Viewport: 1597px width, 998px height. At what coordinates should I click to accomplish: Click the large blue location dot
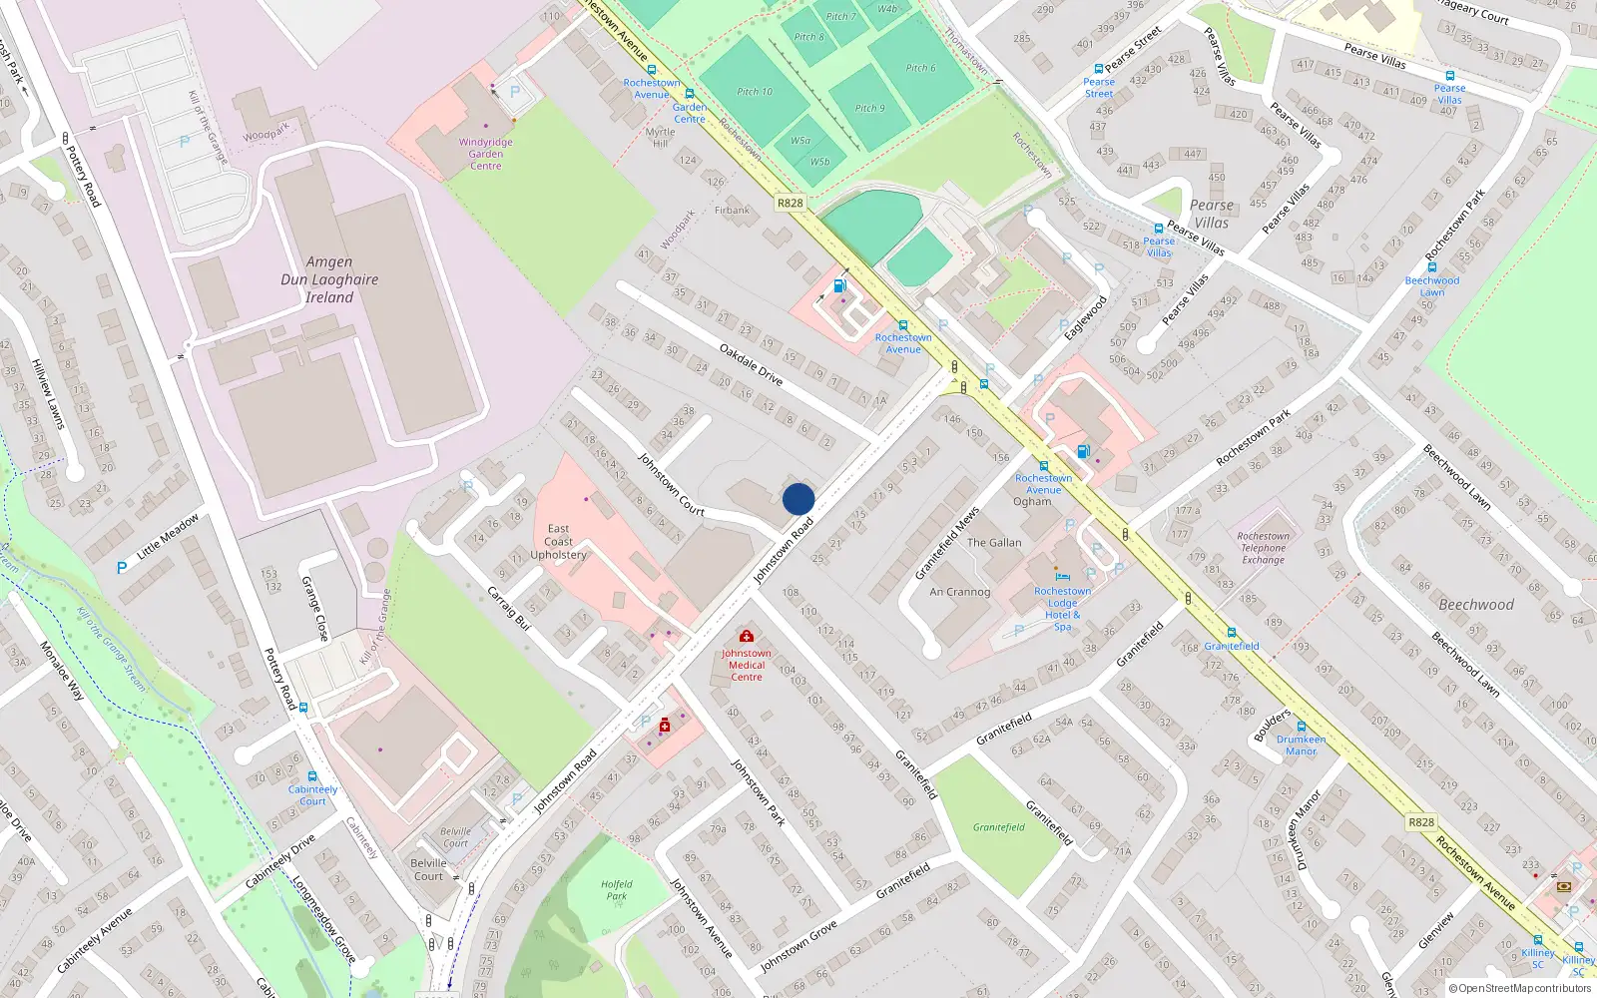798,499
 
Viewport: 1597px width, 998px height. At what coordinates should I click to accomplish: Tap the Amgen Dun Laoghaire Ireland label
329,279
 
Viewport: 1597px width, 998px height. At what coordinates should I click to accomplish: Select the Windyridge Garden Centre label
486,154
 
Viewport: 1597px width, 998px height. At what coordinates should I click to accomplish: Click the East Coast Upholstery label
559,542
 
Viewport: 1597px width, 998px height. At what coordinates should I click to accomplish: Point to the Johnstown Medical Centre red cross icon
746,636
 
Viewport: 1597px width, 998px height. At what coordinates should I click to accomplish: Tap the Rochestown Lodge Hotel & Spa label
1062,609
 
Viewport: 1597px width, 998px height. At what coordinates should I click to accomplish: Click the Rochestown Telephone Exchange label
1264,548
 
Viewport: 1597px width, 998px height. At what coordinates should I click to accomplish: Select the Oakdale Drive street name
752,364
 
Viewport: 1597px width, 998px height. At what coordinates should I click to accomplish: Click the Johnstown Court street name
672,484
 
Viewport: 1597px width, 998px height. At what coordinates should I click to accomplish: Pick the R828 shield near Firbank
790,203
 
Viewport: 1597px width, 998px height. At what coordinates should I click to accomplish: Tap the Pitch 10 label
755,92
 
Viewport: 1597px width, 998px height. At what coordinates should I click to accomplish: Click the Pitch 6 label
920,68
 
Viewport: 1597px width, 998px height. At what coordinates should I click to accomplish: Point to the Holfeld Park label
617,890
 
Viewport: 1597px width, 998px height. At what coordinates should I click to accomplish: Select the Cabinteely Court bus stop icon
312,775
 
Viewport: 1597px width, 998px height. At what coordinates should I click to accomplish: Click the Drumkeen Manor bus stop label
1301,746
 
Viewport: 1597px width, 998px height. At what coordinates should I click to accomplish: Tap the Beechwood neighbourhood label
1475,605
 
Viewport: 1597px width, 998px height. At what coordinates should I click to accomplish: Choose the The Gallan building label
994,543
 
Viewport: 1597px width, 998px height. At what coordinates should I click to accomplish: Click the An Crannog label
960,592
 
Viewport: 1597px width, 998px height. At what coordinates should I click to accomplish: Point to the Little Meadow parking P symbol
122,568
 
